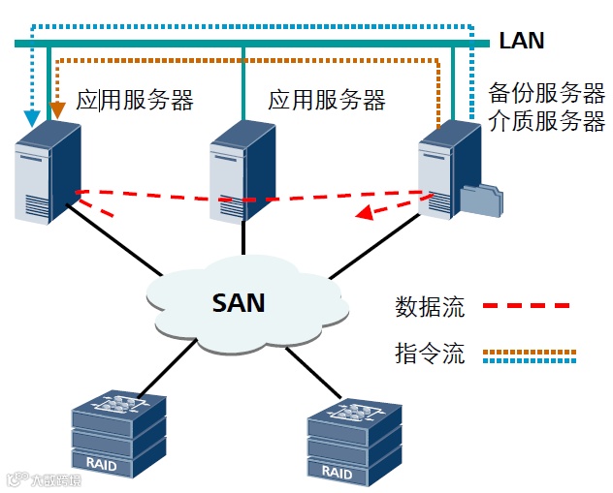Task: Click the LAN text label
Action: (x=522, y=41)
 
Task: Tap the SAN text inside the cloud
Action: (x=239, y=302)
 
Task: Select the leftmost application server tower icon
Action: (x=45, y=180)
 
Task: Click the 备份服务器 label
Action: (x=547, y=94)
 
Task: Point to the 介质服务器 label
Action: (x=547, y=122)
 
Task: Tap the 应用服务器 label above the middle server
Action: (x=327, y=101)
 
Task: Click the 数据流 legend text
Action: (x=430, y=308)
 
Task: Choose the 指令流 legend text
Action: (x=430, y=354)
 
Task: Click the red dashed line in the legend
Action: (x=531, y=306)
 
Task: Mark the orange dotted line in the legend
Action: (x=531, y=350)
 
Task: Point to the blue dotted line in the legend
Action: (x=531, y=361)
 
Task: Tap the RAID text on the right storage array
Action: (x=337, y=474)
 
